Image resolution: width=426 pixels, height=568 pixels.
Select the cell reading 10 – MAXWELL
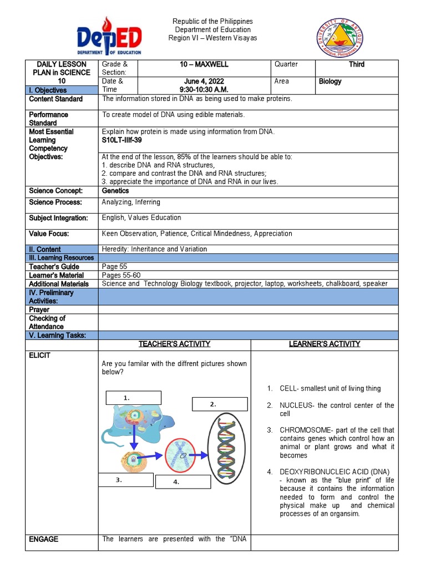click(204, 65)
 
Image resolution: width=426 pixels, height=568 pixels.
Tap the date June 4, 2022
click(204, 82)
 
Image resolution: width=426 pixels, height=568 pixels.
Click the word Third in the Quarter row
click(356, 65)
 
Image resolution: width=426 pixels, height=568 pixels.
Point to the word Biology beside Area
click(330, 82)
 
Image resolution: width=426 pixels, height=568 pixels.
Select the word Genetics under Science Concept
click(116, 191)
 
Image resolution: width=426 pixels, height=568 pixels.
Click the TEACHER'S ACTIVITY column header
click(174, 344)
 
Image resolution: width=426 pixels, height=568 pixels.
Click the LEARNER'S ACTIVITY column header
click(324, 344)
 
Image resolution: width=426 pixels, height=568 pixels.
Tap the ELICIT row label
click(39, 356)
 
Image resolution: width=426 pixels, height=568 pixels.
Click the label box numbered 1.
click(133, 398)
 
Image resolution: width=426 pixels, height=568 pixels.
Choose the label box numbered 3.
click(125, 480)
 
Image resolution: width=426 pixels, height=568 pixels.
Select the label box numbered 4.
click(182, 482)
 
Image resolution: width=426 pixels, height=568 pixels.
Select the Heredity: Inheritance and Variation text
click(154, 250)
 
